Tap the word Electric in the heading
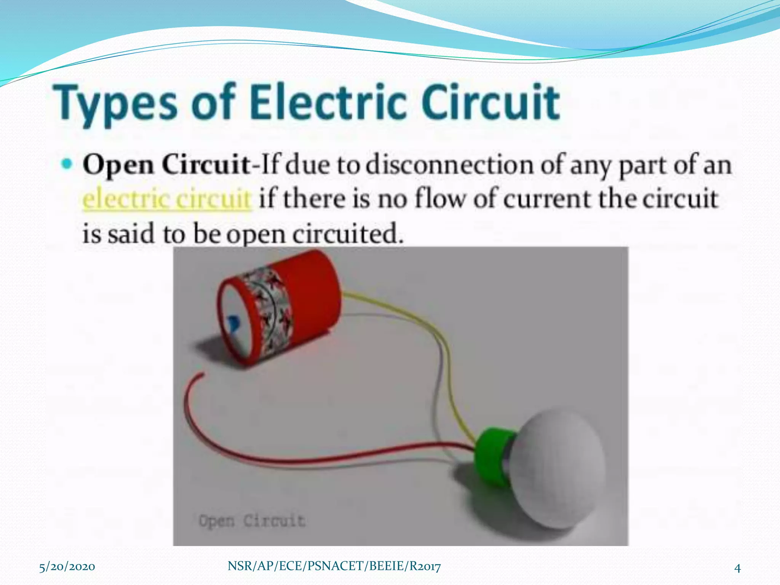pos(327,102)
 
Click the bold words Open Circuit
pos(166,165)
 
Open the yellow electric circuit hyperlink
pos(167,199)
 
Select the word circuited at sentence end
pos(347,233)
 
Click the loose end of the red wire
pos(201,376)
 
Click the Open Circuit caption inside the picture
pos(252,520)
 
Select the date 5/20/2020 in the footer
pos(67,566)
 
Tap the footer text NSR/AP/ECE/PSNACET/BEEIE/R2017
pos(334,566)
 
